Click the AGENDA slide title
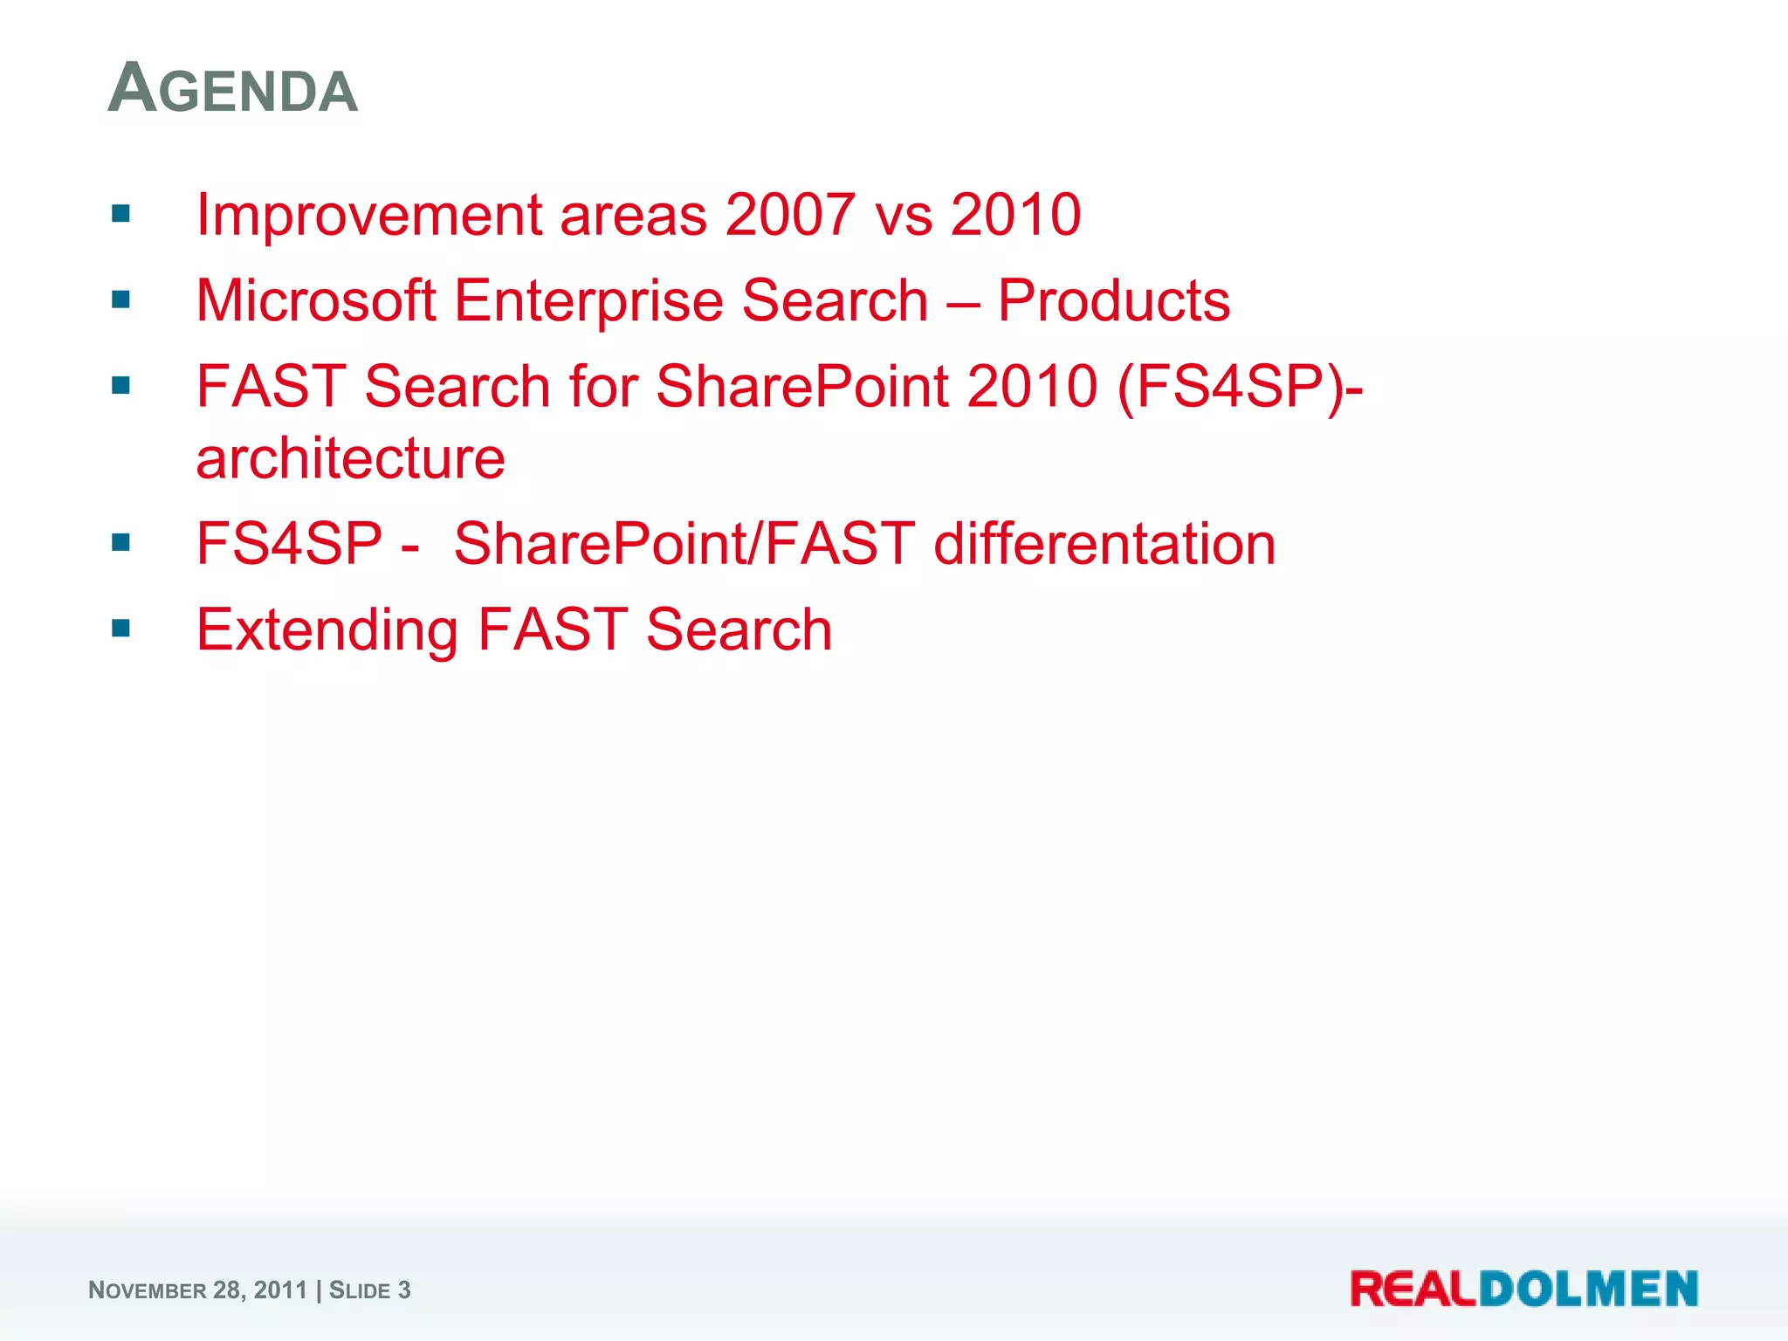[x=232, y=89]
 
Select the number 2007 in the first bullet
[x=789, y=215]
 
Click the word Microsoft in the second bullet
[x=315, y=301]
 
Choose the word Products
[x=1113, y=301]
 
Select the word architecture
[x=350, y=458]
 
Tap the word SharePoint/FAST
[x=684, y=544]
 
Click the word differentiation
[x=1104, y=544]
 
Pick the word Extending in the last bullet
[x=327, y=630]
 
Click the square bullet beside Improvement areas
[x=121, y=214]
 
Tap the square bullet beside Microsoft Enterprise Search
[x=121, y=300]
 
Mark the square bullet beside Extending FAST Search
[x=121, y=629]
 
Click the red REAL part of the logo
[x=1413, y=1289]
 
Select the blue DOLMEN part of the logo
[x=1587, y=1289]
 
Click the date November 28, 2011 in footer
[x=197, y=1290]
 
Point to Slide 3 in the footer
[x=369, y=1290]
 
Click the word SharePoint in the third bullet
[x=801, y=387]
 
